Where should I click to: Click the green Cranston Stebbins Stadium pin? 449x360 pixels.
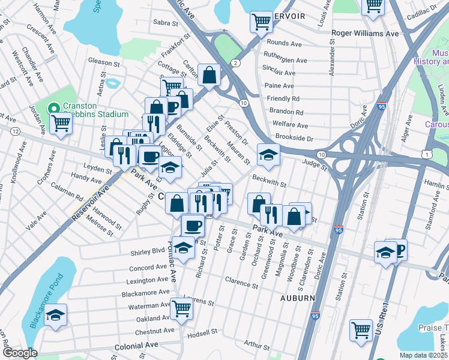tap(53, 109)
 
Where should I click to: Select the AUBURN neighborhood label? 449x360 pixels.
tap(297, 298)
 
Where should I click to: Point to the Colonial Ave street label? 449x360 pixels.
tap(137, 345)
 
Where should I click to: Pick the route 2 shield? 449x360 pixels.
tap(236, 63)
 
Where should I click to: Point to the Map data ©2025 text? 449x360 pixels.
tap(423, 355)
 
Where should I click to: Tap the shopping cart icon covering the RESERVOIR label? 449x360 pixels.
tap(261, 22)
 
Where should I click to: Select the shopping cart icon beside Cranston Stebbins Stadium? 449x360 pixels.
tap(61, 124)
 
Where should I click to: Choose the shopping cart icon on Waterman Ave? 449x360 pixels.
tap(181, 308)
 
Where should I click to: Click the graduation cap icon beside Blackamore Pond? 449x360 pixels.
tap(55, 314)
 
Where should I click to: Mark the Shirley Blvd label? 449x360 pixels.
tap(148, 251)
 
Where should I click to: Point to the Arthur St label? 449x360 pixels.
tap(258, 345)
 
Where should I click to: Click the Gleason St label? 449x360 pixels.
tap(100, 62)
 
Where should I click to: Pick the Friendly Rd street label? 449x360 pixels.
tap(283, 98)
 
